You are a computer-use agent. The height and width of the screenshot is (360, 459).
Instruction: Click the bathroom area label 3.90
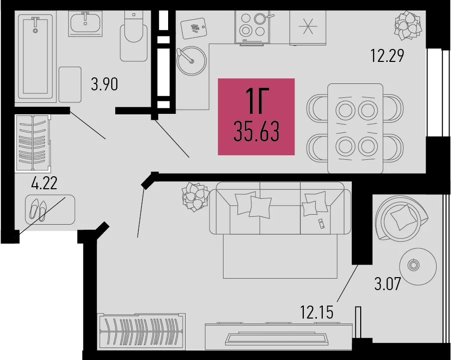coord(104,84)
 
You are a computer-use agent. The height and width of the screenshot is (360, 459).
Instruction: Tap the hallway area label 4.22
coord(44,183)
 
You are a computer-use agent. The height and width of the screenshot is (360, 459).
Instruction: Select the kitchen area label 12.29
coord(387,55)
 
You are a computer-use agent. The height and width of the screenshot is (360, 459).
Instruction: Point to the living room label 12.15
coord(317,312)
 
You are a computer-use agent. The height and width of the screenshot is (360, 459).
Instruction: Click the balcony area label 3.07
coord(388,284)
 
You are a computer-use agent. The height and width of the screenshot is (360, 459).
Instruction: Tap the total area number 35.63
coord(256,132)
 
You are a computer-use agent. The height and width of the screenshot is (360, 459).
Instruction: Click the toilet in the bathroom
coord(134,36)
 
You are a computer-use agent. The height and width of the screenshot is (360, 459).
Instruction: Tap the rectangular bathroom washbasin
coord(85,24)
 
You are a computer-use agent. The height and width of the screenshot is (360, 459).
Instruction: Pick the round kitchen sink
coord(192,60)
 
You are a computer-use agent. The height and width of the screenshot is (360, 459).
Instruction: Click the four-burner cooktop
coord(252,27)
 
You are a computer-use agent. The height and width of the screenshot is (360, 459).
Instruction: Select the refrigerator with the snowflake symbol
coord(308,27)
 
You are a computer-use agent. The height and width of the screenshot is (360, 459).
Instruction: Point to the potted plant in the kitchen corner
coord(408,25)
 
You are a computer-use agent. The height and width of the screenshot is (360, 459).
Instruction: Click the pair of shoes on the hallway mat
coord(38,209)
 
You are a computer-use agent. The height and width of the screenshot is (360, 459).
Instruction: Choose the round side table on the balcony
coord(418,266)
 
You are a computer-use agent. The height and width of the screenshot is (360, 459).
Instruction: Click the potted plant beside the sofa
coord(195,197)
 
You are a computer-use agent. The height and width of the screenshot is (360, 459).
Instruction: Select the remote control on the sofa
coord(321,224)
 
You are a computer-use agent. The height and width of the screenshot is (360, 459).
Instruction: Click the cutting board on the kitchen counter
coord(194,28)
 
